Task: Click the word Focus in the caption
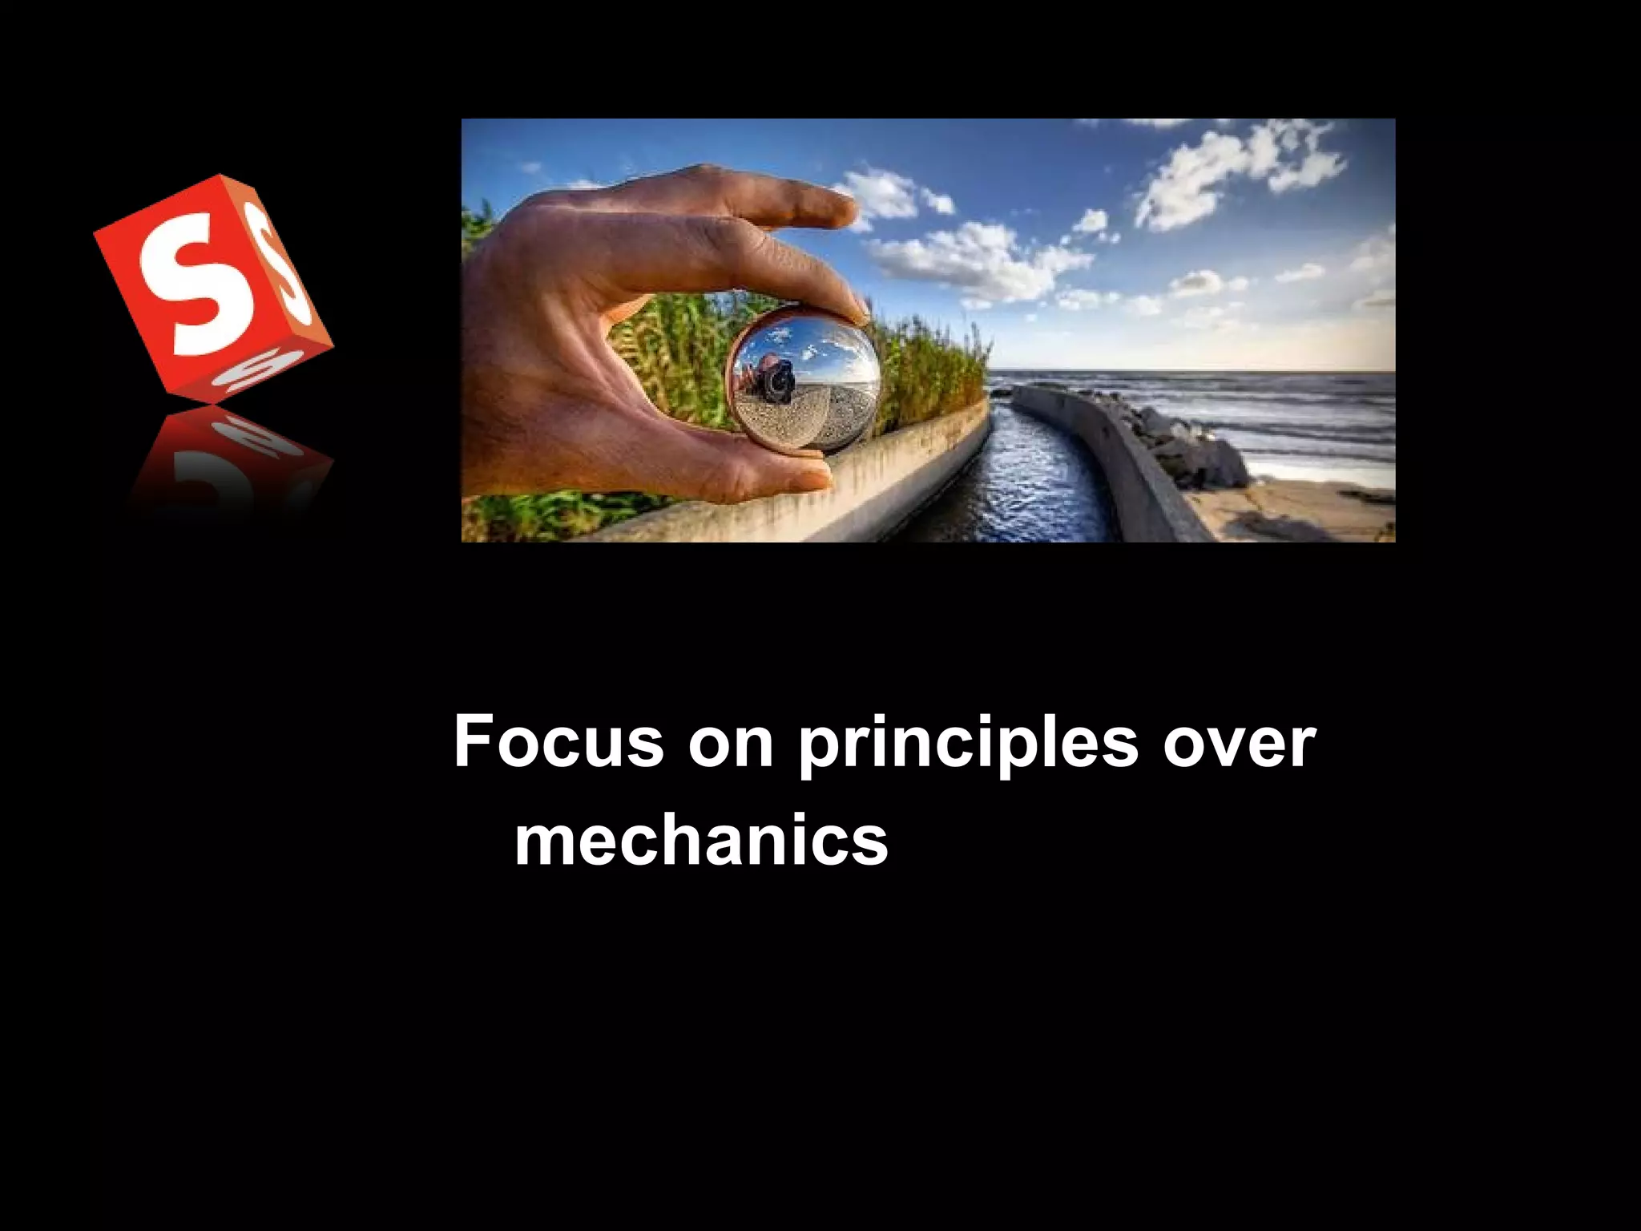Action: [x=558, y=742]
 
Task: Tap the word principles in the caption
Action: [x=967, y=745]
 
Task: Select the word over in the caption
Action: [x=1239, y=742]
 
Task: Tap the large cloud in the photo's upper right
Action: [x=1234, y=172]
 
